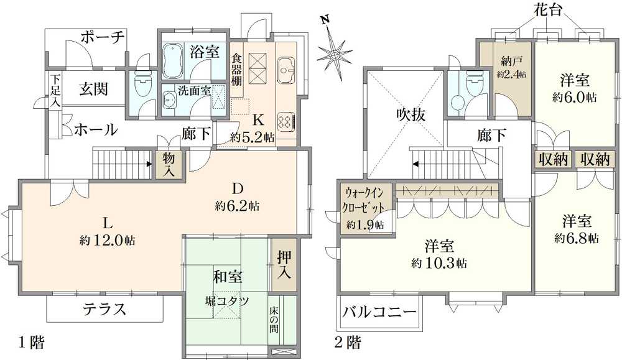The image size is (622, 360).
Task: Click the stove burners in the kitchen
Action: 285,122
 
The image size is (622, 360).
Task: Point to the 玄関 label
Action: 93,88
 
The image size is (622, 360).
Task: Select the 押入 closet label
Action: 284,264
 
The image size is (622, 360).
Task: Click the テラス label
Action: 104,309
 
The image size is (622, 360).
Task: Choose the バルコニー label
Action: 379,311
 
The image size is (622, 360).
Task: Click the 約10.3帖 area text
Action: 439,263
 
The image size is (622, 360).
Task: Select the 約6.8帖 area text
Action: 577,238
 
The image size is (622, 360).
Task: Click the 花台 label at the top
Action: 547,10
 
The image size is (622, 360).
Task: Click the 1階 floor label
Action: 32,342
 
